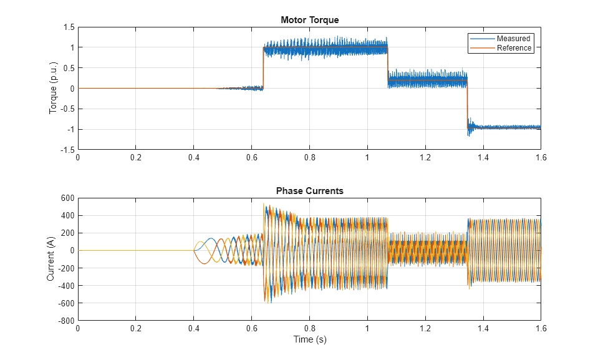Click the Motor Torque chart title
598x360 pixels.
pyautogui.click(x=309, y=20)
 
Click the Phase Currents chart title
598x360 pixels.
pyautogui.click(x=309, y=191)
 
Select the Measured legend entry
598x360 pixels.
pyautogui.click(x=513, y=39)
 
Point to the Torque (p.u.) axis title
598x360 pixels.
pyautogui.click(x=53, y=88)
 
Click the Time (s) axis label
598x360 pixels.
pyautogui.click(x=310, y=340)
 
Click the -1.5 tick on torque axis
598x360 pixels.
pyautogui.click(x=67, y=150)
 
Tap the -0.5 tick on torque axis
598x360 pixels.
pyautogui.click(x=67, y=109)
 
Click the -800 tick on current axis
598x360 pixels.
pyautogui.click(x=65, y=321)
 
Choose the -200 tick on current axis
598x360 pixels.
pyautogui.click(x=65, y=268)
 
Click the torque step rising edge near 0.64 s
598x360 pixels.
pyautogui.click(x=263, y=69)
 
